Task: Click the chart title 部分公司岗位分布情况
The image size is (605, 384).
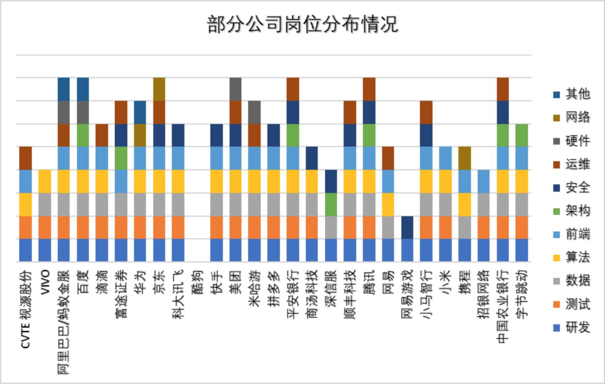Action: tap(302, 24)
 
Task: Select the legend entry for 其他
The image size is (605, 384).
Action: tap(572, 94)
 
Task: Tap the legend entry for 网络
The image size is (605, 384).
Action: tap(572, 117)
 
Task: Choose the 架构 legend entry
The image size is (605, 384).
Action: tap(572, 210)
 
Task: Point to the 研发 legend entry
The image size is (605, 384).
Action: tap(572, 327)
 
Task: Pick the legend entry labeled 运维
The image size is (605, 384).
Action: tap(572, 164)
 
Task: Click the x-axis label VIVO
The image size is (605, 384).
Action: tap(45, 282)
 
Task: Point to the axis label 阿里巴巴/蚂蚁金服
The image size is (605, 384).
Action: tap(64, 322)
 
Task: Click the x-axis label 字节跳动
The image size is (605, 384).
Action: tap(522, 294)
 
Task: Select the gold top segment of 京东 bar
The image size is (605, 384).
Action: tap(159, 89)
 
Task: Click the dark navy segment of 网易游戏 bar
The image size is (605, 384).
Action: tap(407, 227)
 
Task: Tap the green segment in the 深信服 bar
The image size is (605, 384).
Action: tap(331, 204)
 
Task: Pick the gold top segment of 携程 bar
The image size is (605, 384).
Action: tap(464, 158)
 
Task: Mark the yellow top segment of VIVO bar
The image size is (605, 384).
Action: tap(45, 181)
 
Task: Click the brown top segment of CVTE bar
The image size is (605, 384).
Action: tap(26, 158)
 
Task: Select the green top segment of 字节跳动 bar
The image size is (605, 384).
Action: tap(522, 135)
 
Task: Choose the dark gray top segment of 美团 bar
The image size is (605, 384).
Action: tap(235, 89)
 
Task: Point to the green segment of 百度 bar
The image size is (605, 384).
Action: tap(83, 135)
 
